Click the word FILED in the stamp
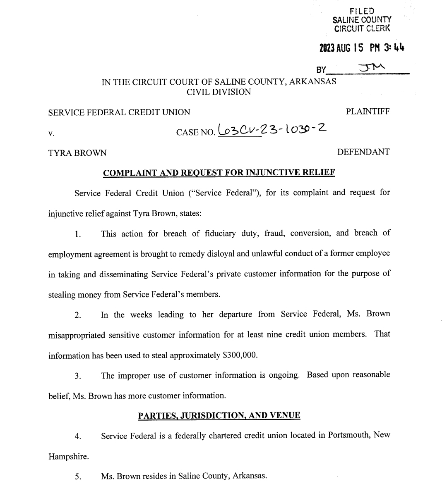(362, 11)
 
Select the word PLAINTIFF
(368, 112)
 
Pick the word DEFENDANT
(363, 152)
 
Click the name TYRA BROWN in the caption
(77, 153)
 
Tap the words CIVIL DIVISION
(219, 92)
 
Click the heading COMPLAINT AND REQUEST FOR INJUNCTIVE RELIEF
(219, 173)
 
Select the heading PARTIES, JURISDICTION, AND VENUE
(219, 416)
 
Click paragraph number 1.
(78, 234)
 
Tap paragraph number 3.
(78, 376)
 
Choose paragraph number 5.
(78, 476)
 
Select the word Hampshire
(68, 457)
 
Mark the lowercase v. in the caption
(51, 133)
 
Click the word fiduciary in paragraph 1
(220, 233)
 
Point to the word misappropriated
(77, 335)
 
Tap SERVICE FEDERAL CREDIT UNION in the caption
(119, 112)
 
